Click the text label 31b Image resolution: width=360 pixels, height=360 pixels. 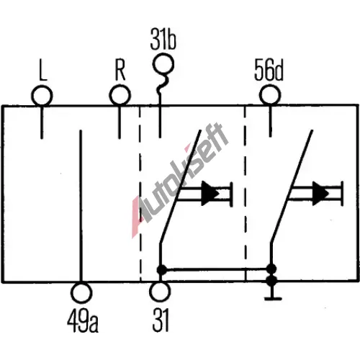pyautogui.click(x=163, y=39)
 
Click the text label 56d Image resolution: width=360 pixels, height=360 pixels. pyautogui.click(x=269, y=70)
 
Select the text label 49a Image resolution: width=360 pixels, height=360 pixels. pyautogui.click(x=83, y=322)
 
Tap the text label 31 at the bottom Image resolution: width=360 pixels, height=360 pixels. pyautogui.click(x=161, y=320)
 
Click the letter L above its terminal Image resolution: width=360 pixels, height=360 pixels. pyautogui.click(x=42, y=70)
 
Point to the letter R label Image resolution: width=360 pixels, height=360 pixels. pyautogui.click(x=120, y=70)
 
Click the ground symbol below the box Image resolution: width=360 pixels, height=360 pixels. pyautogui.click(x=273, y=298)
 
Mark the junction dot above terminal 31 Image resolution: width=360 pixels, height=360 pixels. pyautogui.click(x=162, y=270)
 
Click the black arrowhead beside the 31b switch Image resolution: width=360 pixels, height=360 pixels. pyautogui.click(x=210, y=194)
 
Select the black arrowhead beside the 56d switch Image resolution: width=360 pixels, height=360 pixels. pyautogui.click(x=320, y=194)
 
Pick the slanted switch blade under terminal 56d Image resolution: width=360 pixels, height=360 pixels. pyautogui.click(x=292, y=186)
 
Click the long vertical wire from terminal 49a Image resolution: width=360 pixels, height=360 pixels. pyautogui.click(x=81, y=206)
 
